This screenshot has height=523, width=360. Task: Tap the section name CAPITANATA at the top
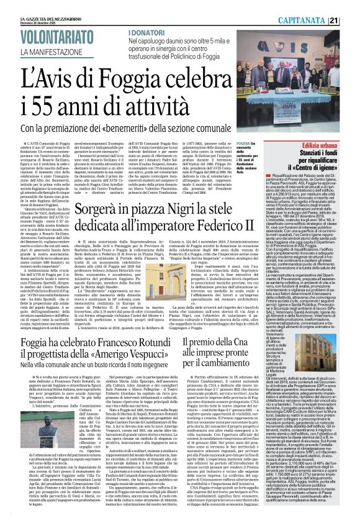322,6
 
